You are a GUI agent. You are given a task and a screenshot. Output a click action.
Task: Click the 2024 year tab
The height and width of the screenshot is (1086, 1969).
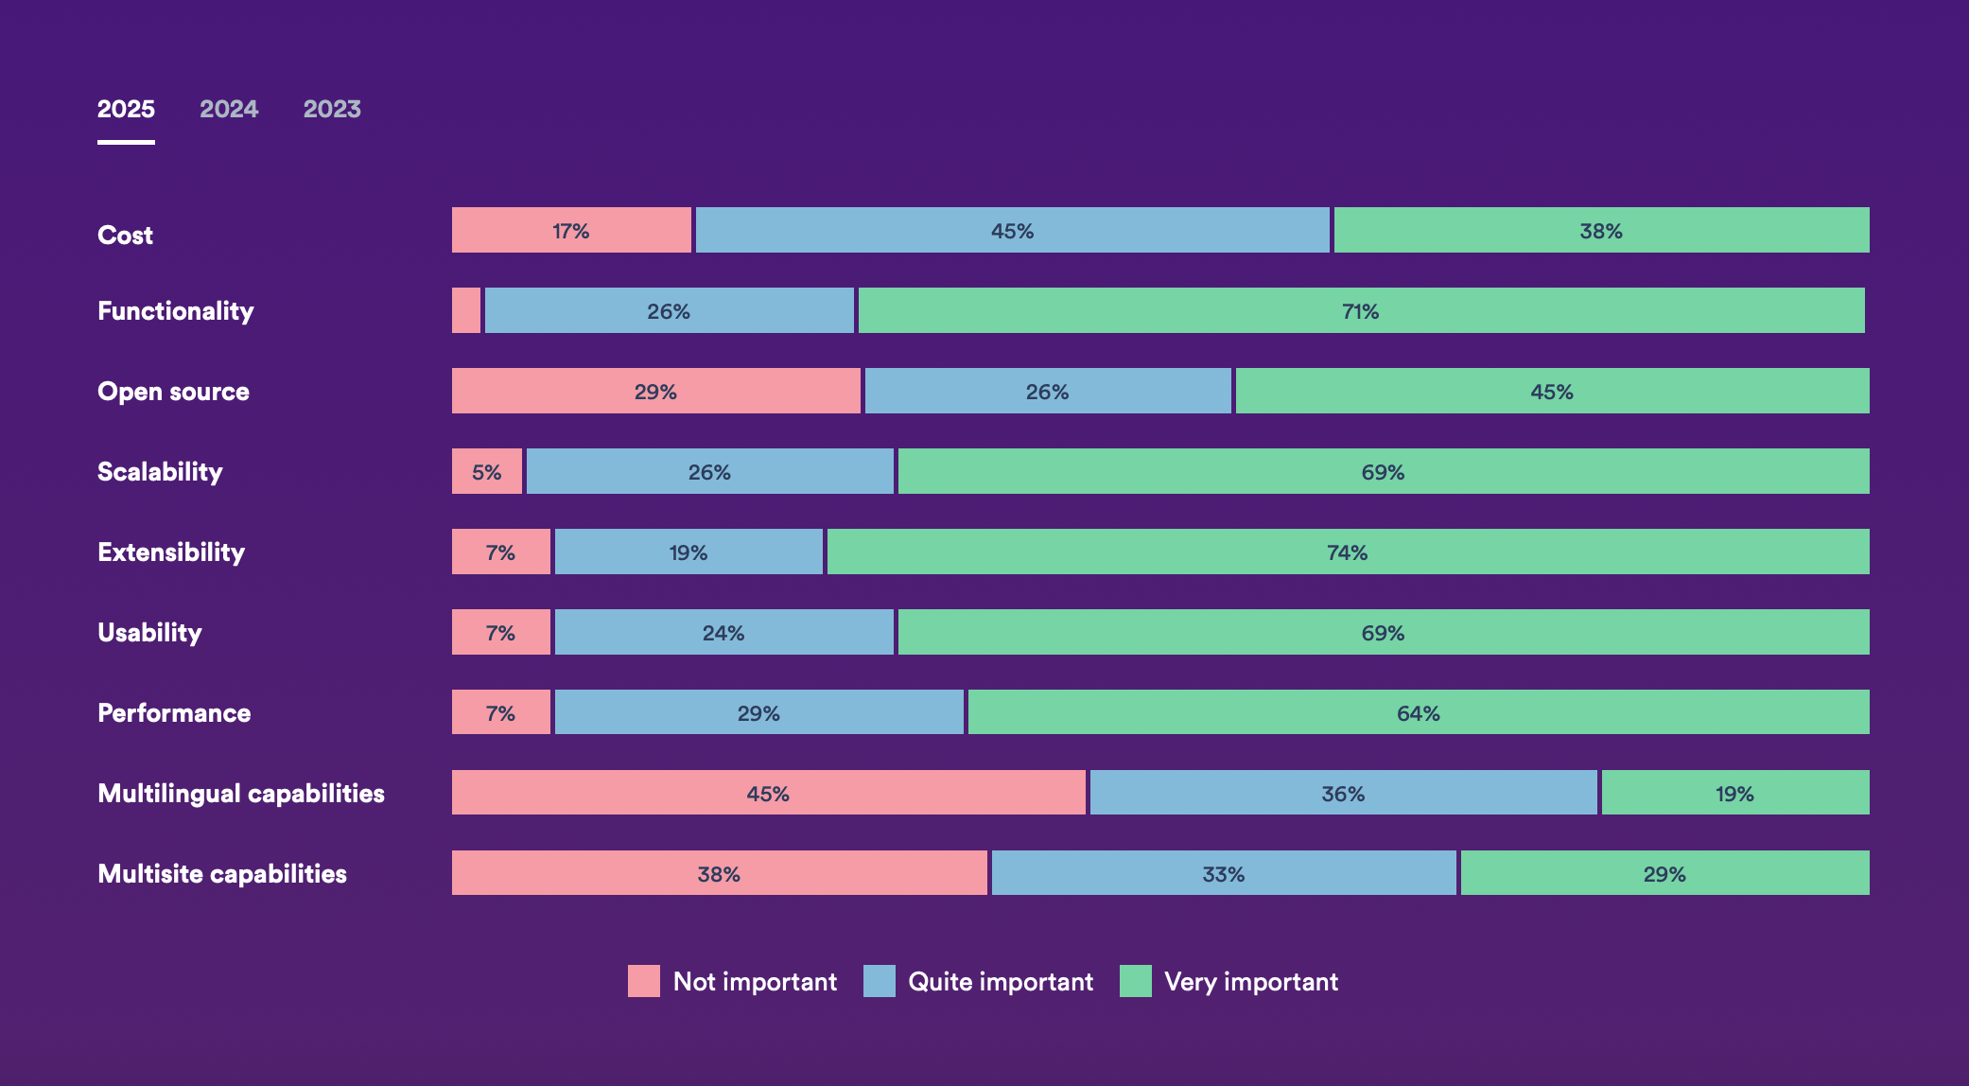[x=229, y=110]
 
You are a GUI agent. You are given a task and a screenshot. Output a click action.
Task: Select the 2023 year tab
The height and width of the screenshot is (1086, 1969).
[x=332, y=110]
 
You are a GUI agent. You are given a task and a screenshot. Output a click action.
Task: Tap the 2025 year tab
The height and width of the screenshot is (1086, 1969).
[x=126, y=110]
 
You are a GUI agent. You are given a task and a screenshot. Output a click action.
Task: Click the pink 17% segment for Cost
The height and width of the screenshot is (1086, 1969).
[x=571, y=230]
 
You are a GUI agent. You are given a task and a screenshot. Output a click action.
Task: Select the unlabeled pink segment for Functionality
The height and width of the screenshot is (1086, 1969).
[x=466, y=310]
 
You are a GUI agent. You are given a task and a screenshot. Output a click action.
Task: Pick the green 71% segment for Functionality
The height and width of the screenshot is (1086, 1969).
[x=1361, y=310]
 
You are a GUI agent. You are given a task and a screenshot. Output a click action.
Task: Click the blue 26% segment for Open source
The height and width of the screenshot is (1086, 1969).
[x=1048, y=391]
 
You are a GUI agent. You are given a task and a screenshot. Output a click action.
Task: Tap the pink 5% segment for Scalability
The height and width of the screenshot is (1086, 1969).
[x=487, y=471]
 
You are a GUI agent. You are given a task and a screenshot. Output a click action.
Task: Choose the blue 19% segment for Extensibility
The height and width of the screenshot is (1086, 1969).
[x=688, y=552]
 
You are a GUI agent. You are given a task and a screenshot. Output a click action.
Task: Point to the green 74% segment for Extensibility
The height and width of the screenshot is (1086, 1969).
[x=1348, y=552]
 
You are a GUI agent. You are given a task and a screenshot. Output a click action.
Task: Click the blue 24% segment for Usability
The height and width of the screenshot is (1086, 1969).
[x=723, y=632]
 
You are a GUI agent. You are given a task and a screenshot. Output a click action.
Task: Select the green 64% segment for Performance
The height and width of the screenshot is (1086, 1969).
[x=1419, y=712]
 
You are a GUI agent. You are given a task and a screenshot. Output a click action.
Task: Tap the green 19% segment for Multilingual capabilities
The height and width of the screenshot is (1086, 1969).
[x=1735, y=793]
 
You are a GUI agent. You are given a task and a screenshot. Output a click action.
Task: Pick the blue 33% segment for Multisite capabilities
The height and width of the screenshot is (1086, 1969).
[x=1224, y=873]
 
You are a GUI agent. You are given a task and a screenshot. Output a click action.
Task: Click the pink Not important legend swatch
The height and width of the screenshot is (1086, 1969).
[x=644, y=981]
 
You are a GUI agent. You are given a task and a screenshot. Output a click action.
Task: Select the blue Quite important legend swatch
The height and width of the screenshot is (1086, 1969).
[x=880, y=981]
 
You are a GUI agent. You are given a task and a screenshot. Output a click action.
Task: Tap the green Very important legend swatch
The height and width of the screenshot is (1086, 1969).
[x=1136, y=981]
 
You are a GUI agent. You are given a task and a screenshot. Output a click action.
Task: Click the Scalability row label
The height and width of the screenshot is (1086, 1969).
[x=160, y=471]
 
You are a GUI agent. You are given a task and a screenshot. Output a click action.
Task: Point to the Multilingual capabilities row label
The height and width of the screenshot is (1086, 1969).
[x=241, y=793]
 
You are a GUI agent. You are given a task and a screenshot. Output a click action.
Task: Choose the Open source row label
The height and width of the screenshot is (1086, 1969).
[x=173, y=391]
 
